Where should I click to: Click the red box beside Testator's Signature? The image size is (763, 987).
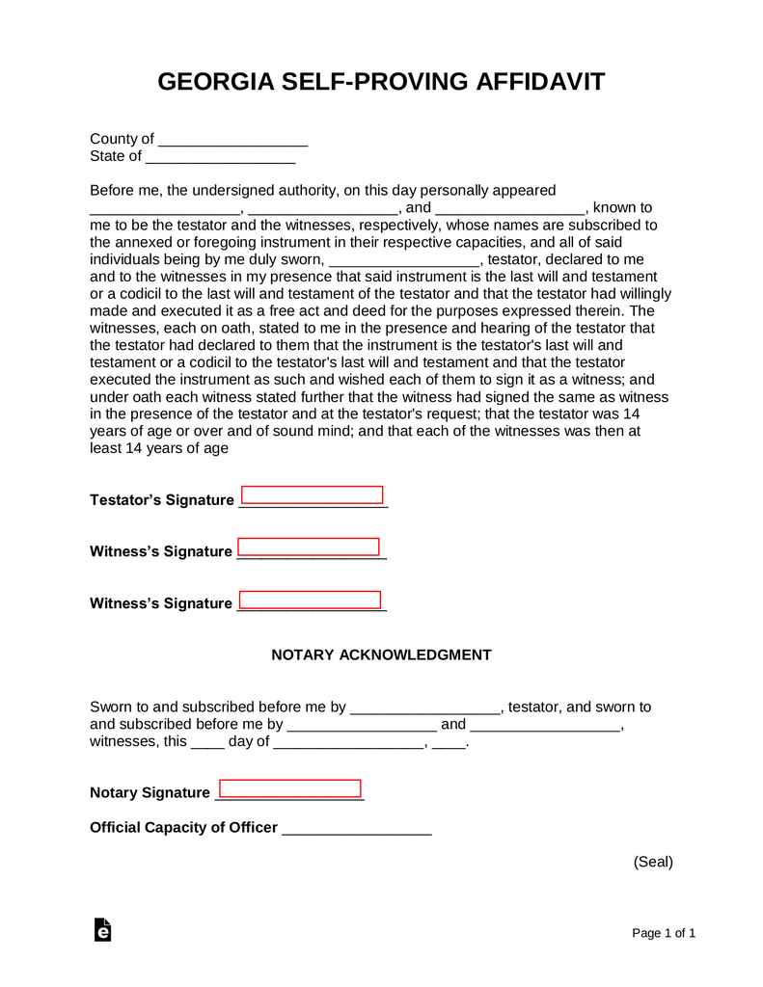point(312,495)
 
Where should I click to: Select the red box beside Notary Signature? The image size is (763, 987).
point(289,788)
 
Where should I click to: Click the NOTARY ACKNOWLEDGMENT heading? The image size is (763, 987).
point(381,655)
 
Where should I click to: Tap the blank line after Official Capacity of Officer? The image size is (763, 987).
point(356,829)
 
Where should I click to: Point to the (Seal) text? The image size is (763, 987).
point(653,862)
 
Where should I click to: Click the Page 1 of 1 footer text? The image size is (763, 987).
point(664,933)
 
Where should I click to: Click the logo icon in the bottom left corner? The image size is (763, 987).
point(102,930)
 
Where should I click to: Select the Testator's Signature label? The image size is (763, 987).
point(161,500)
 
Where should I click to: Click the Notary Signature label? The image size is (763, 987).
point(150,793)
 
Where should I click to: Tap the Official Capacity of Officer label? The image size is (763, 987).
point(183,828)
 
